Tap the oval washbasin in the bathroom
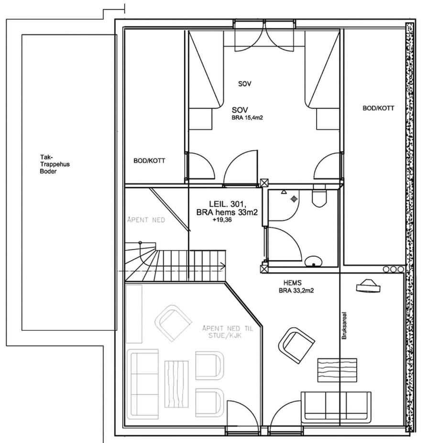click(x=314, y=261)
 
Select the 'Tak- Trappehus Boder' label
click(x=55, y=164)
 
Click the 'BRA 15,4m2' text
click(x=247, y=118)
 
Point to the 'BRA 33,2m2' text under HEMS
click(x=296, y=291)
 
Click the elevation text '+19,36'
click(x=222, y=220)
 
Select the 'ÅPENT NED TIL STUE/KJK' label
click(x=228, y=332)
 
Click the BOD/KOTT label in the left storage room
click(x=149, y=161)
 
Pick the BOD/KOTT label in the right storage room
click(x=378, y=108)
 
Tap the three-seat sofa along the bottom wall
click(x=336, y=407)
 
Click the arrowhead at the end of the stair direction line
click(x=223, y=266)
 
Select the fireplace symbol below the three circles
click(x=368, y=286)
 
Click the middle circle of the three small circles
click(x=393, y=269)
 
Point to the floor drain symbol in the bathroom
click(x=294, y=199)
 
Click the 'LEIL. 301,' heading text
click(x=228, y=204)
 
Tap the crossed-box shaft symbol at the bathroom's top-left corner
click(x=264, y=183)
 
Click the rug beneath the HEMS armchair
click(x=337, y=370)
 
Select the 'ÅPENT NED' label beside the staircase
click(x=146, y=219)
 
